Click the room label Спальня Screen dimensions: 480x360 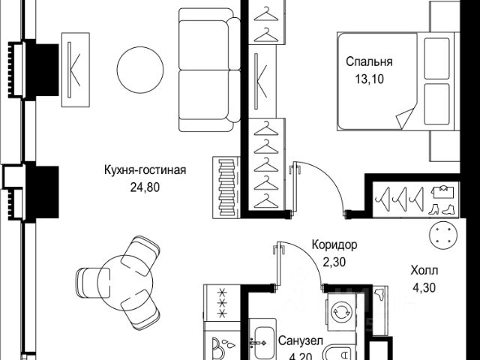pos(369,62)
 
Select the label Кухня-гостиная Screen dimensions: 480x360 pos(145,169)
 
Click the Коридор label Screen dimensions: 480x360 pos(334,245)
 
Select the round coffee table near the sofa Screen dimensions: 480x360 pos(142,65)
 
